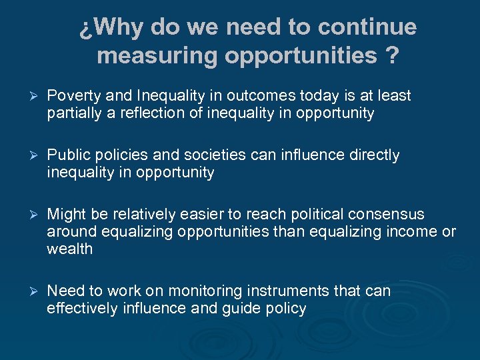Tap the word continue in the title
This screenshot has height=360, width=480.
[x=367, y=27]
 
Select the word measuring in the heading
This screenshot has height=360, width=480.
[x=157, y=56]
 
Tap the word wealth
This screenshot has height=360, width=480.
[x=69, y=249]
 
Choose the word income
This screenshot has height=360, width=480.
[x=416, y=232]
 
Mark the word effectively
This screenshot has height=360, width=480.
[x=82, y=309]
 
